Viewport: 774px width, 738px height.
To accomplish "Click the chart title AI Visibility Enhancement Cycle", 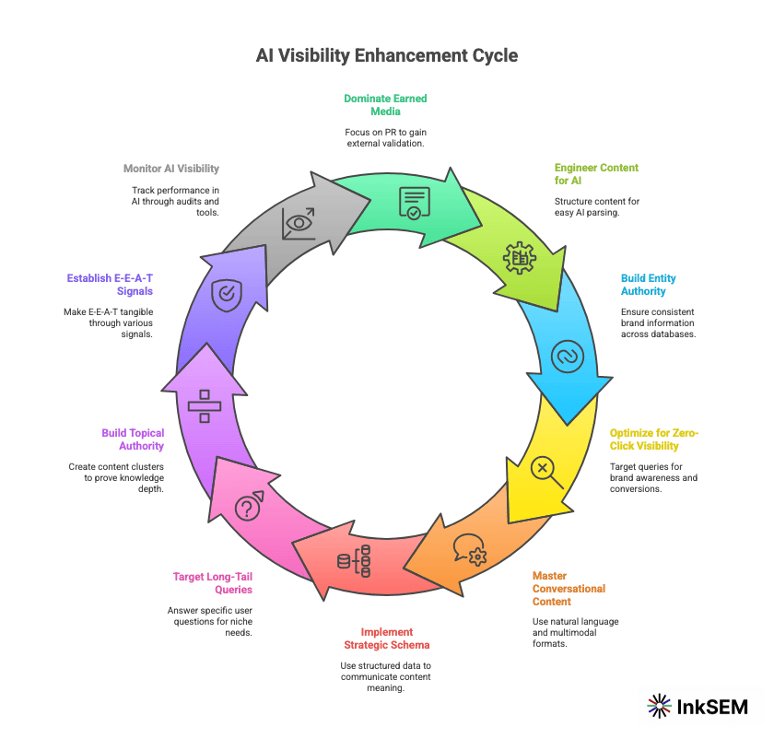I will (387, 55).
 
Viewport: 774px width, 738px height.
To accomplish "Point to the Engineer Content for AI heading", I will (583, 174).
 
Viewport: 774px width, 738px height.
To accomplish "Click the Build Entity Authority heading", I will (649, 284).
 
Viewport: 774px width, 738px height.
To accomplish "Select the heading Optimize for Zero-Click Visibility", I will (654, 439).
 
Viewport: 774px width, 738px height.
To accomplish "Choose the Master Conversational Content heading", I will (569, 589).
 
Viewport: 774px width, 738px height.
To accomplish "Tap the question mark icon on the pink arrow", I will (249, 507).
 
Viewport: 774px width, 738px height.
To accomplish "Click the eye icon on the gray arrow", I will (299, 223).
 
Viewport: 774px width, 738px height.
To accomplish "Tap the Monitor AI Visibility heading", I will (171, 169).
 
